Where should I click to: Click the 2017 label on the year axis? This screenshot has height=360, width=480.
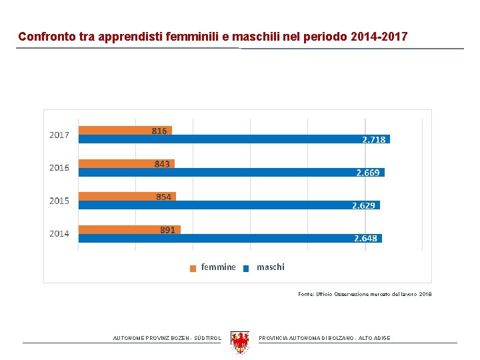coord(59,135)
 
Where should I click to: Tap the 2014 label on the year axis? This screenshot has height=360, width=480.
coord(59,234)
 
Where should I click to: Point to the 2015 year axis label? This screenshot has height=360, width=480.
coord(59,201)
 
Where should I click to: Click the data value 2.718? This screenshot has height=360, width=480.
coord(373,140)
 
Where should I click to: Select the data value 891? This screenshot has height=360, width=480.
coord(167,230)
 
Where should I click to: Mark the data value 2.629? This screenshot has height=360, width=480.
coord(363,205)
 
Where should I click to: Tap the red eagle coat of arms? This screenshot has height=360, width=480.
coord(239,341)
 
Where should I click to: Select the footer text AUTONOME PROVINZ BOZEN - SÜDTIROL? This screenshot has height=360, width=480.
coord(167,339)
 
